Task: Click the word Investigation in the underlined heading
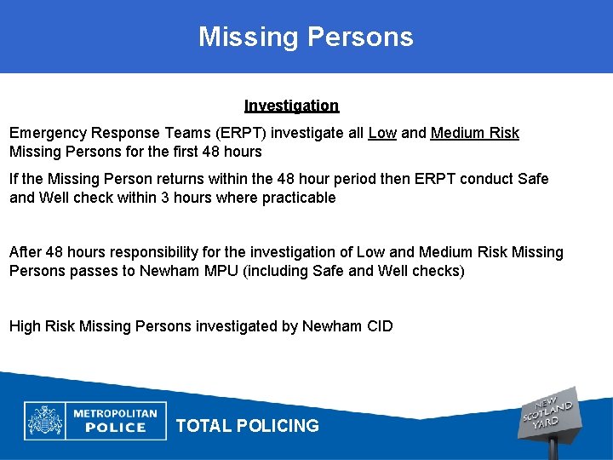tap(291, 106)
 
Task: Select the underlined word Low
tap(382, 133)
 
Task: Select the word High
tap(25, 326)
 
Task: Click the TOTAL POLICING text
tap(247, 426)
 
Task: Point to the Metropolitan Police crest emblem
tap(45, 420)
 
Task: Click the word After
tap(24, 252)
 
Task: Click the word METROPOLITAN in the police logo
tap(115, 413)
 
